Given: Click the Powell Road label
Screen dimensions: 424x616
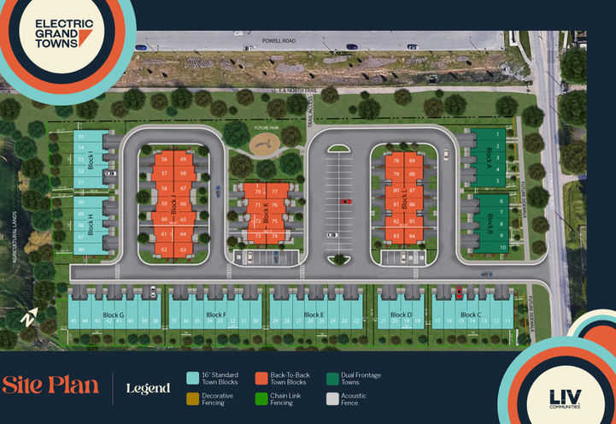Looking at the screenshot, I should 279,39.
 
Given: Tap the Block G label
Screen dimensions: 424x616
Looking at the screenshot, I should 114,315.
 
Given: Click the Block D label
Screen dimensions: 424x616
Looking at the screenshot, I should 401,315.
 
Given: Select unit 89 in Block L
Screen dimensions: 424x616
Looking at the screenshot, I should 413,161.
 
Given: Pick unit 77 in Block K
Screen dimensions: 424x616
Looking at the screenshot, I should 274,192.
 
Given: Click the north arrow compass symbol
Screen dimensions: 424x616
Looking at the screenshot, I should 31,316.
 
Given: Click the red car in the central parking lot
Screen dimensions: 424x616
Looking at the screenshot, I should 345,202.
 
